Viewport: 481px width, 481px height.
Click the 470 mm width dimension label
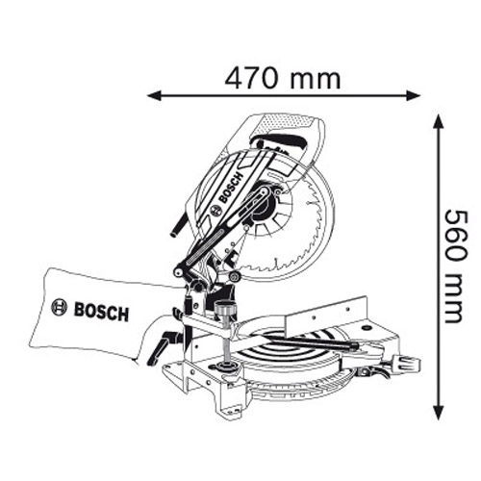point(282,78)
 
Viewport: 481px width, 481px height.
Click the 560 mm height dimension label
point(455,266)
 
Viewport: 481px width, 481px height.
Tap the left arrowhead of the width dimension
point(154,95)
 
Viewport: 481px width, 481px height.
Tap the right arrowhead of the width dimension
point(413,95)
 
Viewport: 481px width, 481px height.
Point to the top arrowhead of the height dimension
point(439,121)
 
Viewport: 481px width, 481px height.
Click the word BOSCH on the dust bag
point(101,312)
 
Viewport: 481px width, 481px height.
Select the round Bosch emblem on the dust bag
point(60,308)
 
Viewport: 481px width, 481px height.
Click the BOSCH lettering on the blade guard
point(231,188)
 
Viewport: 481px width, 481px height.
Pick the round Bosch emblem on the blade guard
point(215,210)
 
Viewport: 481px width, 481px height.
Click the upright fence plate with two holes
point(325,315)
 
